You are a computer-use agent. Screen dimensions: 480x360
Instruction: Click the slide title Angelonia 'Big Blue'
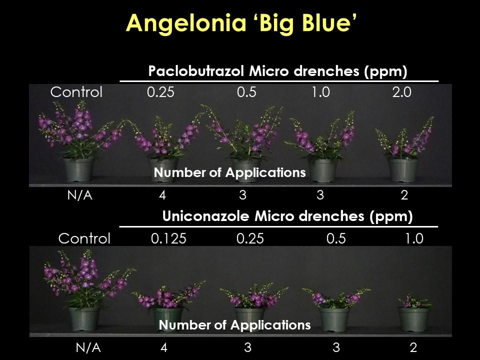tap(241, 23)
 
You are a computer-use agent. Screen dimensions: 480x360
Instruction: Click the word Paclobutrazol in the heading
tap(196, 71)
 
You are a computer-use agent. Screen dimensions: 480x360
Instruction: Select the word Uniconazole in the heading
tap(205, 216)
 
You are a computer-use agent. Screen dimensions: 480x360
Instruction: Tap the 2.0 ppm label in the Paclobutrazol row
tap(402, 92)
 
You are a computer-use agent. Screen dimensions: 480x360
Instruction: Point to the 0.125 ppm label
tap(168, 238)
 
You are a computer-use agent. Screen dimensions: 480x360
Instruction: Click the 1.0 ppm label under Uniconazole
tap(414, 238)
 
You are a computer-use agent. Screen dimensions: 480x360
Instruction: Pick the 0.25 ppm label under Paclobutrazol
tap(160, 92)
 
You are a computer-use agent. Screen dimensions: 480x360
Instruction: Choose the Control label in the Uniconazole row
tap(84, 238)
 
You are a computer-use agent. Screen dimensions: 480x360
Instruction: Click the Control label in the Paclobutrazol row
tap(76, 92)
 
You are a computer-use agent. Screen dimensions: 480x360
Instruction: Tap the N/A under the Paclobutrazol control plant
tap(79, 195)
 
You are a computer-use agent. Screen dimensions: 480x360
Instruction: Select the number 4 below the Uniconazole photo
tap(164, 347)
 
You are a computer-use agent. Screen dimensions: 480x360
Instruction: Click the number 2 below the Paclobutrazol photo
tap(404, 195)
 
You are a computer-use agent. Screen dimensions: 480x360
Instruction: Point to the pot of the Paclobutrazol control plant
tap(78, 169)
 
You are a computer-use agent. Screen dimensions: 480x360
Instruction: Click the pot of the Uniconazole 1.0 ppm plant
tap(413, 319)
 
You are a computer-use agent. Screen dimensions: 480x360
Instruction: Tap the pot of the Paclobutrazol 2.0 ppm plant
tap(403, 170)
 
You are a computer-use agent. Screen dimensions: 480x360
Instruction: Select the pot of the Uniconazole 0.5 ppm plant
tap(334, 319)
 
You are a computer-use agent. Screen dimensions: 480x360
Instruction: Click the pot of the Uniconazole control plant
tap(84, 319)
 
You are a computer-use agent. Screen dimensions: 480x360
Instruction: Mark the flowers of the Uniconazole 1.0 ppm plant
tap(414, 301)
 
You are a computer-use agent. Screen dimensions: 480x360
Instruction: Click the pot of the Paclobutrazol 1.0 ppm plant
tap(323, 170)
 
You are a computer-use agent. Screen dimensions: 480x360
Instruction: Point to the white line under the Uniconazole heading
tap(278, 227)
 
